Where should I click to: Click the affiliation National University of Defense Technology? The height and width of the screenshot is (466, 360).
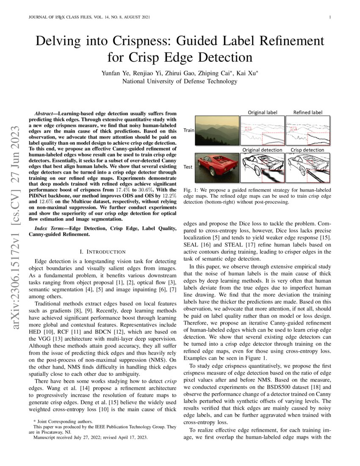point(180,81)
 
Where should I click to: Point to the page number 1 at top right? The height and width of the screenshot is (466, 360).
point(329,17)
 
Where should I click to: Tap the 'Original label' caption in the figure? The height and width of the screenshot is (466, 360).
point(263,113)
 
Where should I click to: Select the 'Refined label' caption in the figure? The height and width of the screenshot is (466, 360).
point(308,113)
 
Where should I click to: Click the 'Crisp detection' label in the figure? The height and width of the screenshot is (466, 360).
point(307,150)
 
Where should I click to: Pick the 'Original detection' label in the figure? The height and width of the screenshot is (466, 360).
point(262,150)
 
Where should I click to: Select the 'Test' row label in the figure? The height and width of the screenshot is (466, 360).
point(188,167)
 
